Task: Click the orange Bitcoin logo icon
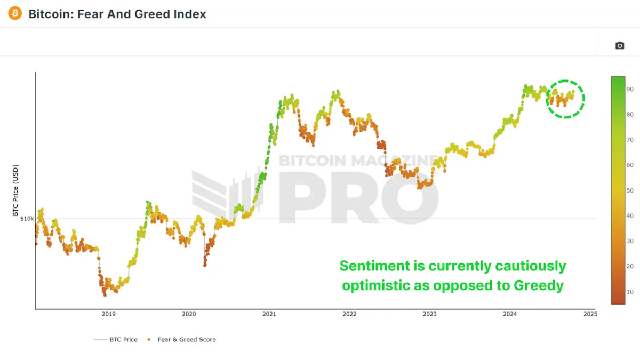click(x=15, y=13)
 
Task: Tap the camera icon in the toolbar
click(x=619, y=46)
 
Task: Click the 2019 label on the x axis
click(x=108, y=314)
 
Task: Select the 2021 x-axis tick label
click(x=269, y=314)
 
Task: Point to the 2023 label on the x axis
click(x=429, y=314)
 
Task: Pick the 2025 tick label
click(x=590, y=314)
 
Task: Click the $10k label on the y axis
click(x=27, y=219)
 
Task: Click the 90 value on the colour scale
click(x=630, y=89)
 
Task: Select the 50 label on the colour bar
click(x=630, y=190)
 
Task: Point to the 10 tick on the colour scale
click(x=630, y=292)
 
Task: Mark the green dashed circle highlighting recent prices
click(x=565, y=99)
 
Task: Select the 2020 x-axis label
click(x=189, y=314)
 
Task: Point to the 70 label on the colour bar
click(x=630, y=140)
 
